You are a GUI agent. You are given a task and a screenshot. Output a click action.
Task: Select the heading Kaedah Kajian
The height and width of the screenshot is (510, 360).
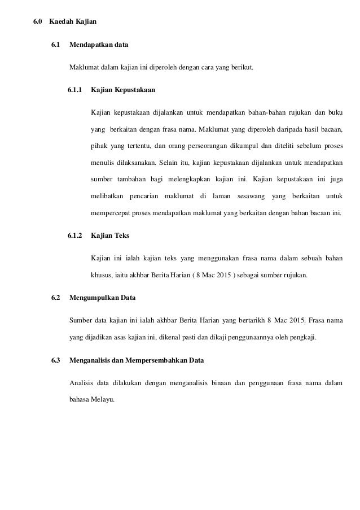point(73,23)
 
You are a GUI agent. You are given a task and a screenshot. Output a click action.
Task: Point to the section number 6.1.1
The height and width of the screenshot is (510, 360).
point(74,90)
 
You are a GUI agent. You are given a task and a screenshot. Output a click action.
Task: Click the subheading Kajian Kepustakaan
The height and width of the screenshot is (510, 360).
point(123,90)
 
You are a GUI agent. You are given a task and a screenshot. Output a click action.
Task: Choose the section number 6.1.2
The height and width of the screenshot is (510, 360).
point(74,235)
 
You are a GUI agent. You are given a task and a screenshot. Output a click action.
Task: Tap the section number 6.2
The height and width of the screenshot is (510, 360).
point(55,297)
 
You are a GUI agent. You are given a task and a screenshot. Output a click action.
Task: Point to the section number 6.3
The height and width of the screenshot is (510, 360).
point(55,360)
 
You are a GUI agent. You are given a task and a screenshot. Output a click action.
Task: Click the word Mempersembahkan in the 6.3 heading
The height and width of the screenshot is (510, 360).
point(155,360)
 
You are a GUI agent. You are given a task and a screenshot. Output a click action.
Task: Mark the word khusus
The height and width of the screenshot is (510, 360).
point(102,276)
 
